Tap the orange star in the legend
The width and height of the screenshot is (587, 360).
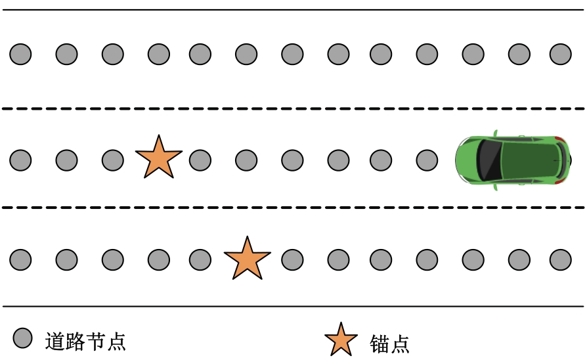(341, 340)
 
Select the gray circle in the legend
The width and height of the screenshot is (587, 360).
(22, 338)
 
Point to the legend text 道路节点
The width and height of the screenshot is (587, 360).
(85, 341)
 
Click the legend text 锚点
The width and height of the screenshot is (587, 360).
(389, 344)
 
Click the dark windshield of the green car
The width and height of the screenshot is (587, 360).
(489, 160)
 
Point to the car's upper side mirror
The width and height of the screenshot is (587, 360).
(496, 133)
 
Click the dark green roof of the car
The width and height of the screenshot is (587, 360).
(529, 160)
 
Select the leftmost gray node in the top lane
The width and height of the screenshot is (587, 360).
(20, 55)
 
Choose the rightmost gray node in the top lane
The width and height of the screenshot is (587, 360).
(561, 55)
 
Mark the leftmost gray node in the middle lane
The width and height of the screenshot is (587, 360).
(20, 160)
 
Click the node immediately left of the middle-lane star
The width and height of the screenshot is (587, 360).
(113, 160)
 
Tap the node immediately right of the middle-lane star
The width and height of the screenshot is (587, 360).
(200, 160)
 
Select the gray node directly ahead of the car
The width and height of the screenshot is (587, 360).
(427, 160)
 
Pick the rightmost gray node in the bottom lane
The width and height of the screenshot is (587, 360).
(561, 259)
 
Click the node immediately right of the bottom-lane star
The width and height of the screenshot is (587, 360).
(292, 259)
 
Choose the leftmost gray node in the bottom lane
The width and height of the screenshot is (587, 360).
(20, 259)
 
